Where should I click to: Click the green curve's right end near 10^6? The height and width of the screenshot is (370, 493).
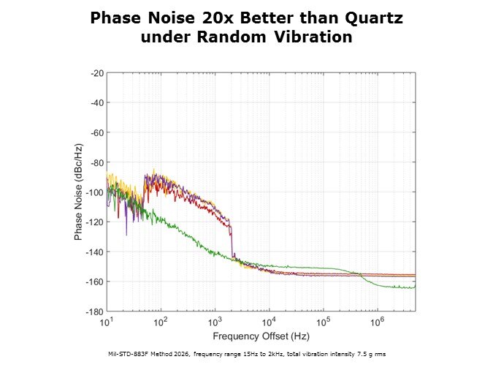click(x=413, y=287)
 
